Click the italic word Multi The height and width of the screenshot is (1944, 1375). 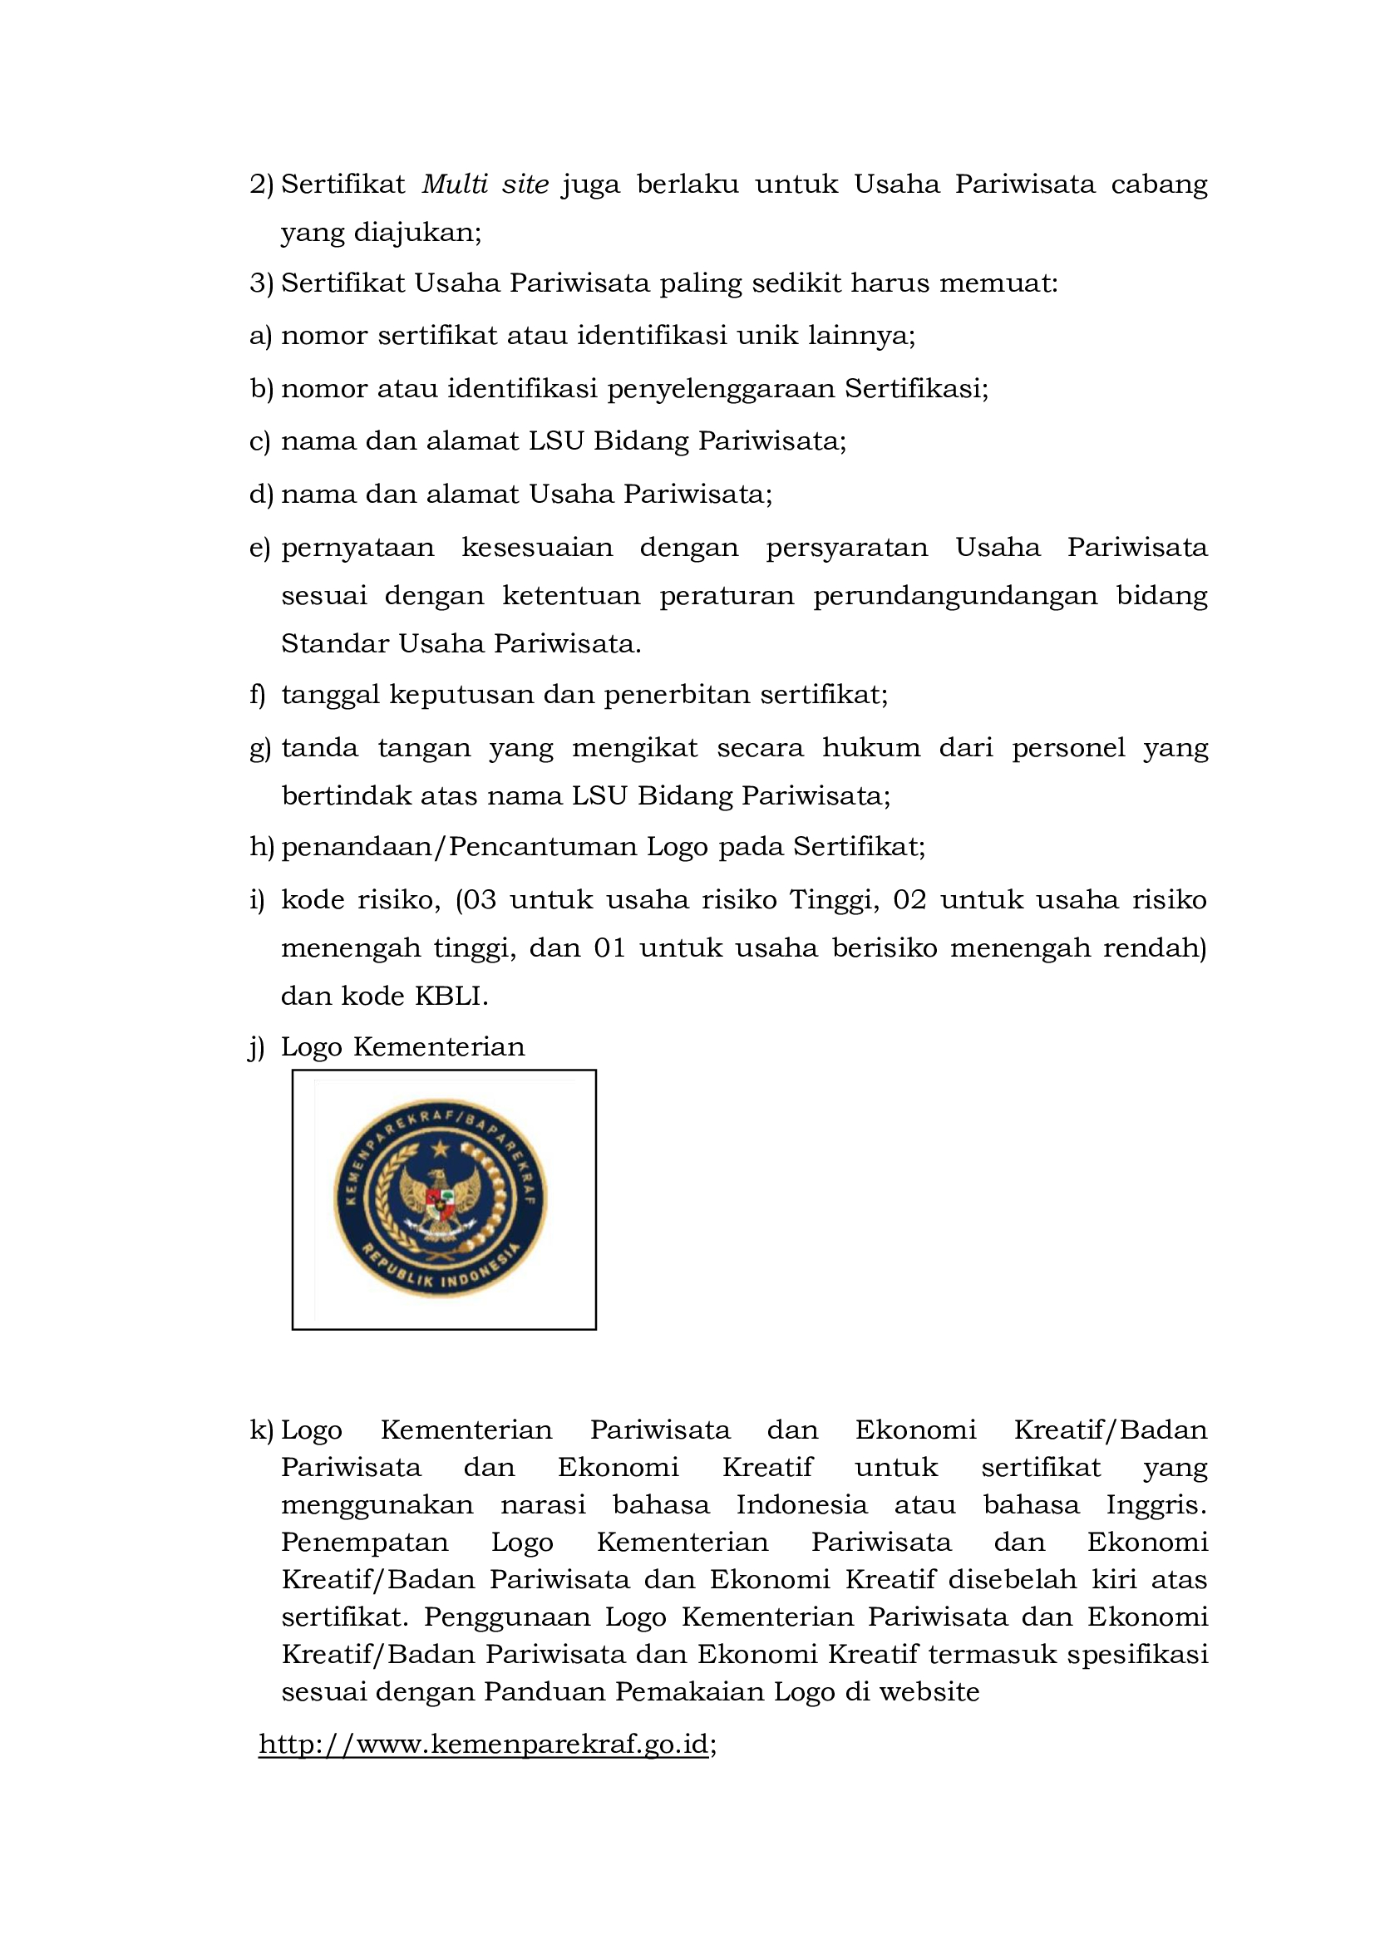tap(455, 184)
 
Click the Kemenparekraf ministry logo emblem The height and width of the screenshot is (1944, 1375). tap(441, 1198)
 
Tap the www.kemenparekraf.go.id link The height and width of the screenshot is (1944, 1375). tap(484, 1745)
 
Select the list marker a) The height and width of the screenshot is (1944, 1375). tap(260, 336)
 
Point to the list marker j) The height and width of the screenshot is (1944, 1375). tap(257, 1047)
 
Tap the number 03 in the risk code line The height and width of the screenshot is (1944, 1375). tap(479, 899)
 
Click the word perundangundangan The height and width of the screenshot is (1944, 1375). tap(955, 596)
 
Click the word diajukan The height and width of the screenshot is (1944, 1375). tap(416, 233)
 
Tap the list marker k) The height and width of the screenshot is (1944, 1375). tap(261, 1430)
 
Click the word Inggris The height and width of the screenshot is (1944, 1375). tap(1156, 1504)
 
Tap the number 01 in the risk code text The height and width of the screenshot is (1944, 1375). tap(609, 947)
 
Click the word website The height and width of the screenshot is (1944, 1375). tap(929, 1691)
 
